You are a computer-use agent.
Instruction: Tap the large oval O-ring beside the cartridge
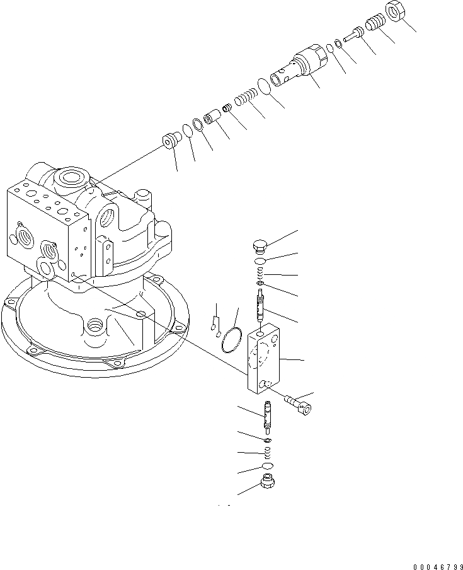point(265,86)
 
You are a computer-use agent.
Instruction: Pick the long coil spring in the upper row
point(245,99)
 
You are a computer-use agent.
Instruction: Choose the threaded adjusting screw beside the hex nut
point(375,23)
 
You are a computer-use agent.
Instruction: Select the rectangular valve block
point(265,360)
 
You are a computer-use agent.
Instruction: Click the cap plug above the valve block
point(260,246)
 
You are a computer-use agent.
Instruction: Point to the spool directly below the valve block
point(267,417)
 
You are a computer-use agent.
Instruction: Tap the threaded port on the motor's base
point(96,326)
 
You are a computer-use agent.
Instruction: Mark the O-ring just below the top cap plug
point(260,261)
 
